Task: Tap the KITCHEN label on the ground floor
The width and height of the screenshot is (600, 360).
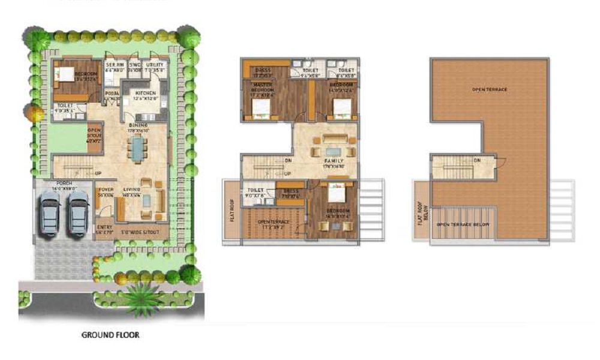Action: pos(146,94)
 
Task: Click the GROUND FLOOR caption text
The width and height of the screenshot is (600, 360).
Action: pos(110,335)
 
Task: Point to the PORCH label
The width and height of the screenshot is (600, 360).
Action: pos(64,183)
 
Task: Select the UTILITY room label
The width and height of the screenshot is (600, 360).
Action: pos(155,65)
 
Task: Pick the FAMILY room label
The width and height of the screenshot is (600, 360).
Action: pos(334,161)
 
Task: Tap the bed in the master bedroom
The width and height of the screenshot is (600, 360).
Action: pos(260,108)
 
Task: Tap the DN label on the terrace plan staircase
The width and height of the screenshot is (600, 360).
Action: pos(477,160)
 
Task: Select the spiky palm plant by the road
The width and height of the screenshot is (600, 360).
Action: pos(144,297)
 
